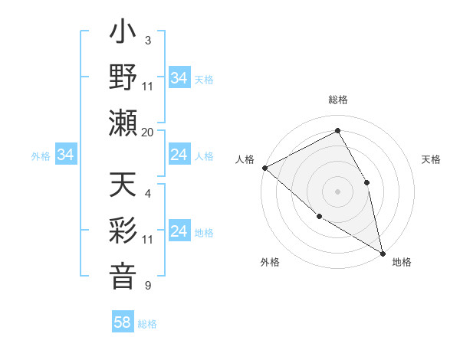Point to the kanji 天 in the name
[x=123, y=186]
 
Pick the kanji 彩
[x=123, y=230]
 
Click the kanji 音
[x=123, y=274]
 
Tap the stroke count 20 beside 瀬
[x=148, y=132]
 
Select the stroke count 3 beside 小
[x=147, y=40]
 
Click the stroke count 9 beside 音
[x=147, y=286]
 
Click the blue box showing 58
[x=123, y=323]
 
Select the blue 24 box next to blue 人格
[x=179, y=155]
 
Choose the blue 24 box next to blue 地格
[x=179, y=232]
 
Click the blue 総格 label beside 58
[x=147, y=324]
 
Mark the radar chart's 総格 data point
[x=337, y=131]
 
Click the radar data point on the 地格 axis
[x=382, y=252]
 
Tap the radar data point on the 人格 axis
[x=264, y=168]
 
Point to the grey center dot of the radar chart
[x=337, y=191]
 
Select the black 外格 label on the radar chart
[x=270, y=262]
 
